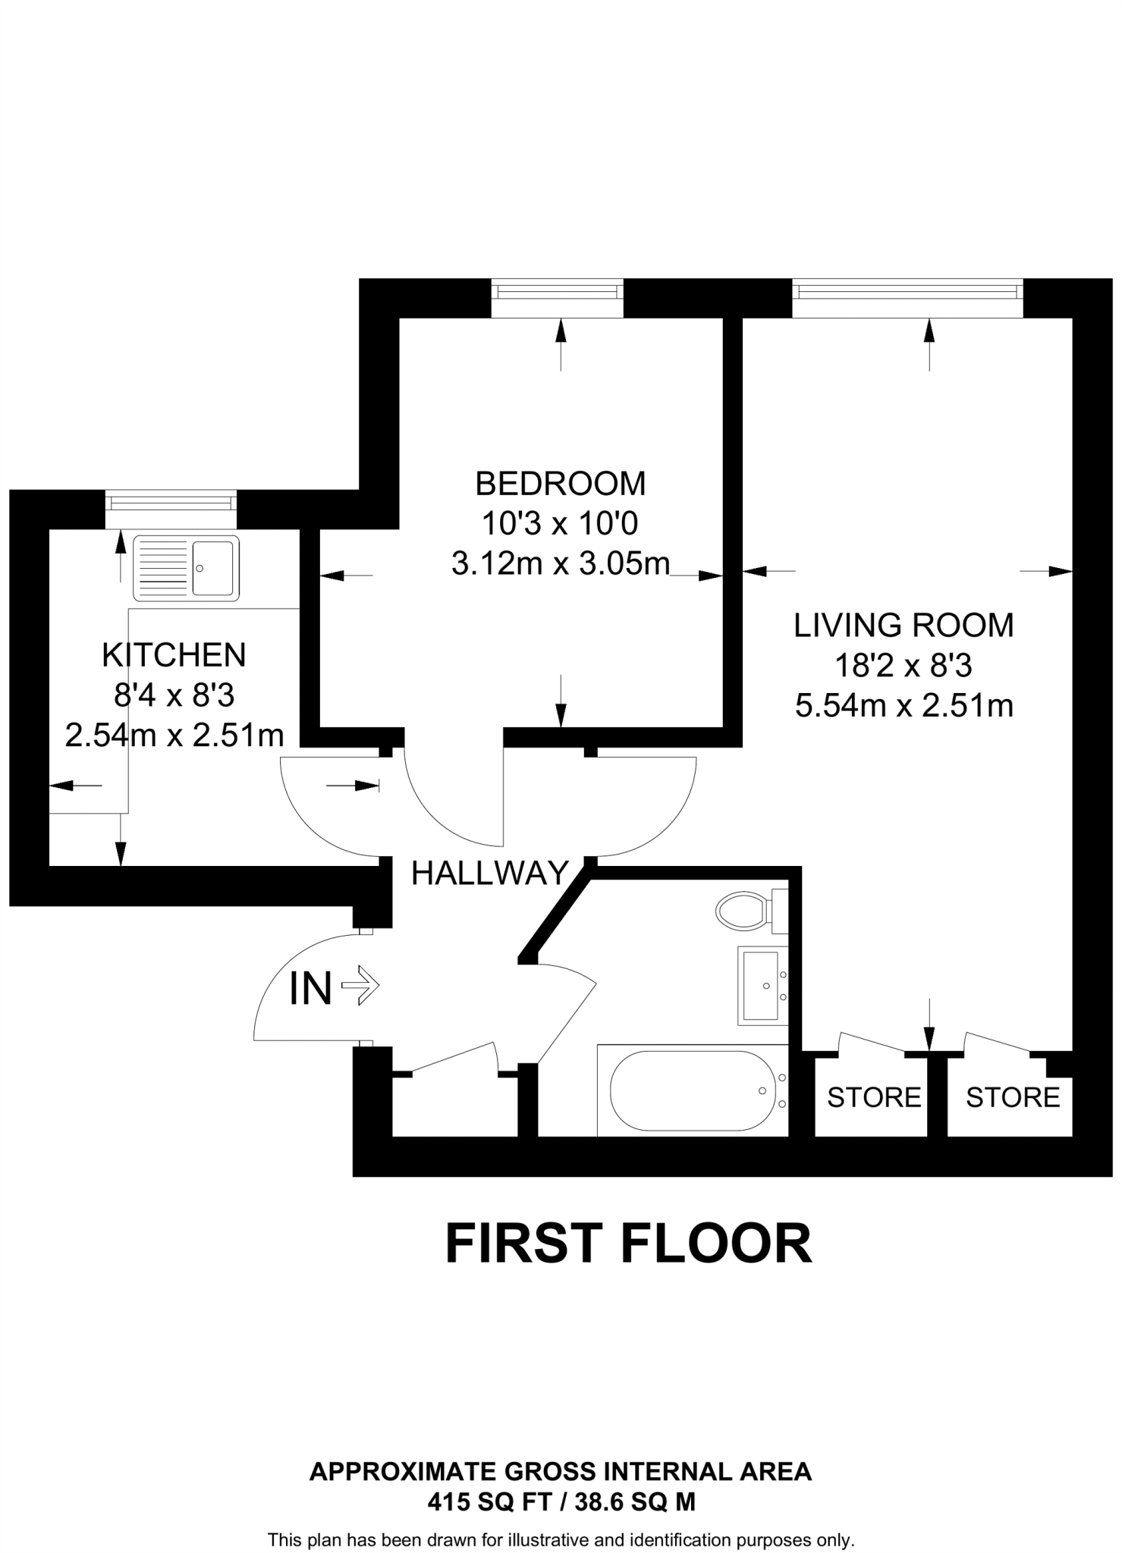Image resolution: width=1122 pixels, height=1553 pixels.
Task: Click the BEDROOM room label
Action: pyautogui.click(x=560, y=483)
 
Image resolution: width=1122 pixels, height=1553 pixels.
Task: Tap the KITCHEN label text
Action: pyautogui.click(x=174, y=655)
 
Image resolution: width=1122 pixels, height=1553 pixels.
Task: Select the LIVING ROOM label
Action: pyautogui.click(x=904, y=625)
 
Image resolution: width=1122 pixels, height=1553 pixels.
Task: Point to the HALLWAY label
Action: pyautogui.click(x=489, y=874)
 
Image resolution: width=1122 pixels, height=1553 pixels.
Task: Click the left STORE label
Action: pyautogui.click(x=873, y=1097)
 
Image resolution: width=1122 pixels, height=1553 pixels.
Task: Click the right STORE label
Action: pyautogui.click(x=1012, y=1097)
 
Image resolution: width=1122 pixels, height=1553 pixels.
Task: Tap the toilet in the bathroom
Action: pyautogui.click(x=747, y=910)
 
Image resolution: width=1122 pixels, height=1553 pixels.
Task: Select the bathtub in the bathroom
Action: pyautogui.click(x=692, y=1090)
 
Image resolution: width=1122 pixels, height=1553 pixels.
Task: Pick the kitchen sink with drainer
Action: pyautogui.click(x=186, y=567)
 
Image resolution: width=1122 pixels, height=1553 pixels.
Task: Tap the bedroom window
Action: pyautogui.click(x=557, y=298)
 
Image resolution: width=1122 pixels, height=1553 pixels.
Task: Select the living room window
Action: pyautogui.click(x=907, y=298)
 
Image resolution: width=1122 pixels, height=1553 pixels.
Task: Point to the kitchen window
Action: pyautogui.click(x=171, y=509)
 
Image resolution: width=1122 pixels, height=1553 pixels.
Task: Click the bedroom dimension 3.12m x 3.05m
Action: pyautogui.click(x=560, y=563)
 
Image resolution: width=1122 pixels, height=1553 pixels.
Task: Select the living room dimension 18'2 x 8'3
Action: pyautogui.click(x=904, y=666)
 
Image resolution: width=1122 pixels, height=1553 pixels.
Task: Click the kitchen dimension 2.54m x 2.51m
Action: pyautogui.click(x=174, y=735)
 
